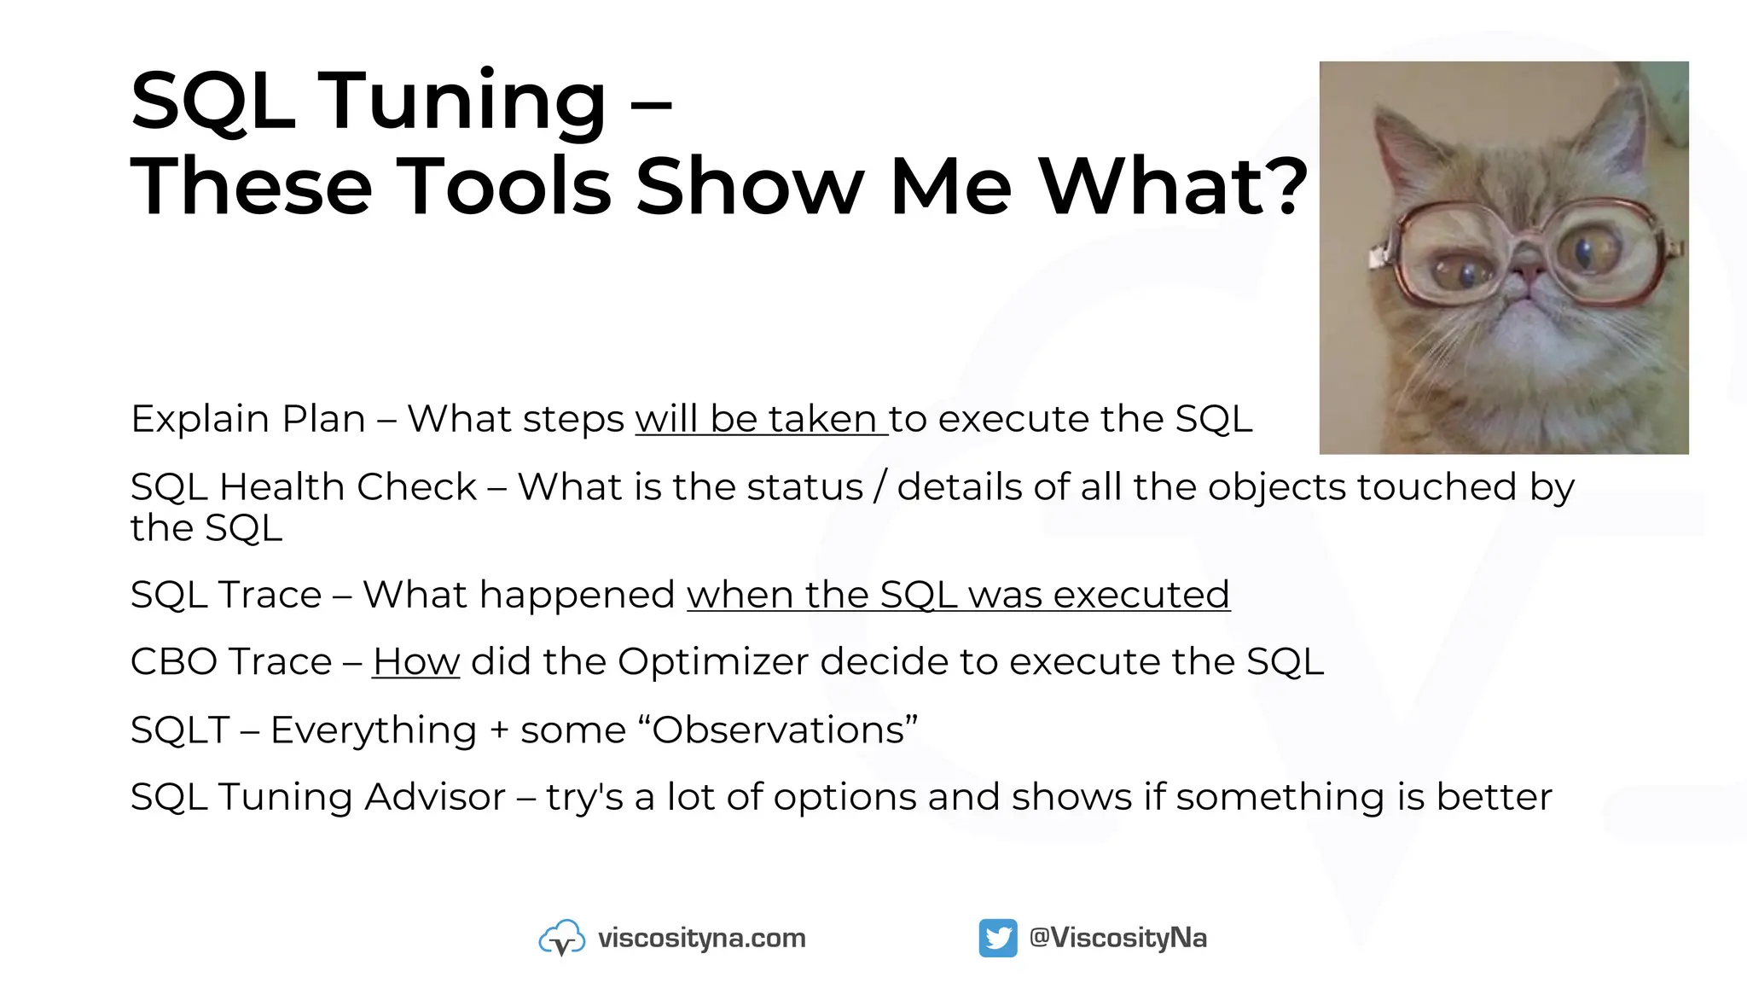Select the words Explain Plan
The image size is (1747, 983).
248,419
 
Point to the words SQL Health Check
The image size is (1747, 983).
303,487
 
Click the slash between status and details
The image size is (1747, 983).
880,487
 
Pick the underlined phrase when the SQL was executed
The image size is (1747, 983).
958,595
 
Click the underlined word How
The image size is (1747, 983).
416,662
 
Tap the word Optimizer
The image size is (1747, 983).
713,662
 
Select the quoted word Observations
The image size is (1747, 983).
778,730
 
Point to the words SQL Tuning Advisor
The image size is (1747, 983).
318,797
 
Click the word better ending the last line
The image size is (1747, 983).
1494,797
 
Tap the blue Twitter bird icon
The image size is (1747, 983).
997,938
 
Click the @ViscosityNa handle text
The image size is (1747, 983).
1118,938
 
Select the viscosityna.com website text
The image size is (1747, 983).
701,938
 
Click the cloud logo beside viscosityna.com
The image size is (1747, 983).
561,938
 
